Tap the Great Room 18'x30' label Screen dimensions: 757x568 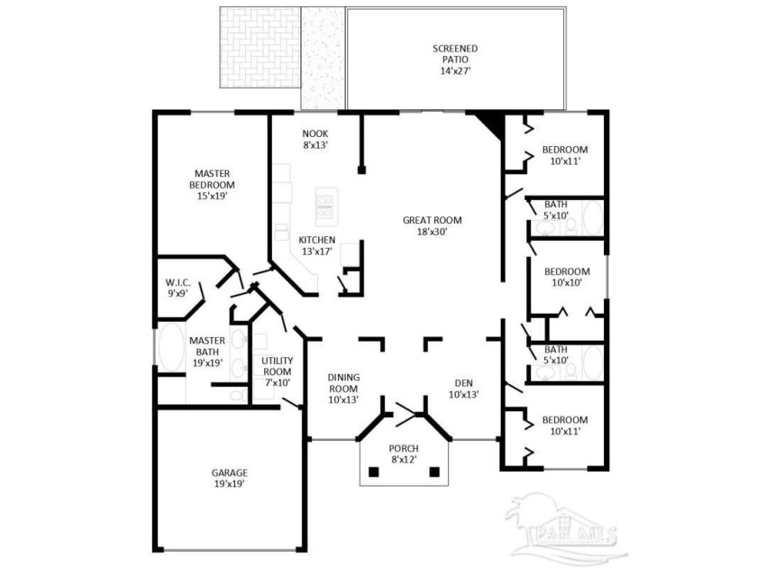pos(432,225)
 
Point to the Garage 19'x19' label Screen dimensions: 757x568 pos(229,478)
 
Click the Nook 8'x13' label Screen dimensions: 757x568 pos(315,139)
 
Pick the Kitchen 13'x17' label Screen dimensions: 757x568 pos(316,245)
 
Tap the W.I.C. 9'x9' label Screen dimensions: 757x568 pos(178,288)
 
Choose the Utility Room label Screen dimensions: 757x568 pos(277,371)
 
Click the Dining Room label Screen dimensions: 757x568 pos(343,389)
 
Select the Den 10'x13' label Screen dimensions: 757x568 pos(463,389)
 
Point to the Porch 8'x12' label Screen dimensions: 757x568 pos(404,454)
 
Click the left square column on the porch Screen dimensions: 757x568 pos(374,472)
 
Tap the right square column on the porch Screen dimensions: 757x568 pos(434,472)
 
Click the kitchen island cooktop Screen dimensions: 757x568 pos(326,206)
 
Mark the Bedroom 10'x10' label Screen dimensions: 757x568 pos(567,277)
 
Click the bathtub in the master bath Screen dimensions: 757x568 pos(170,348)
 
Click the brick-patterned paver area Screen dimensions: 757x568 pos(260,47)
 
